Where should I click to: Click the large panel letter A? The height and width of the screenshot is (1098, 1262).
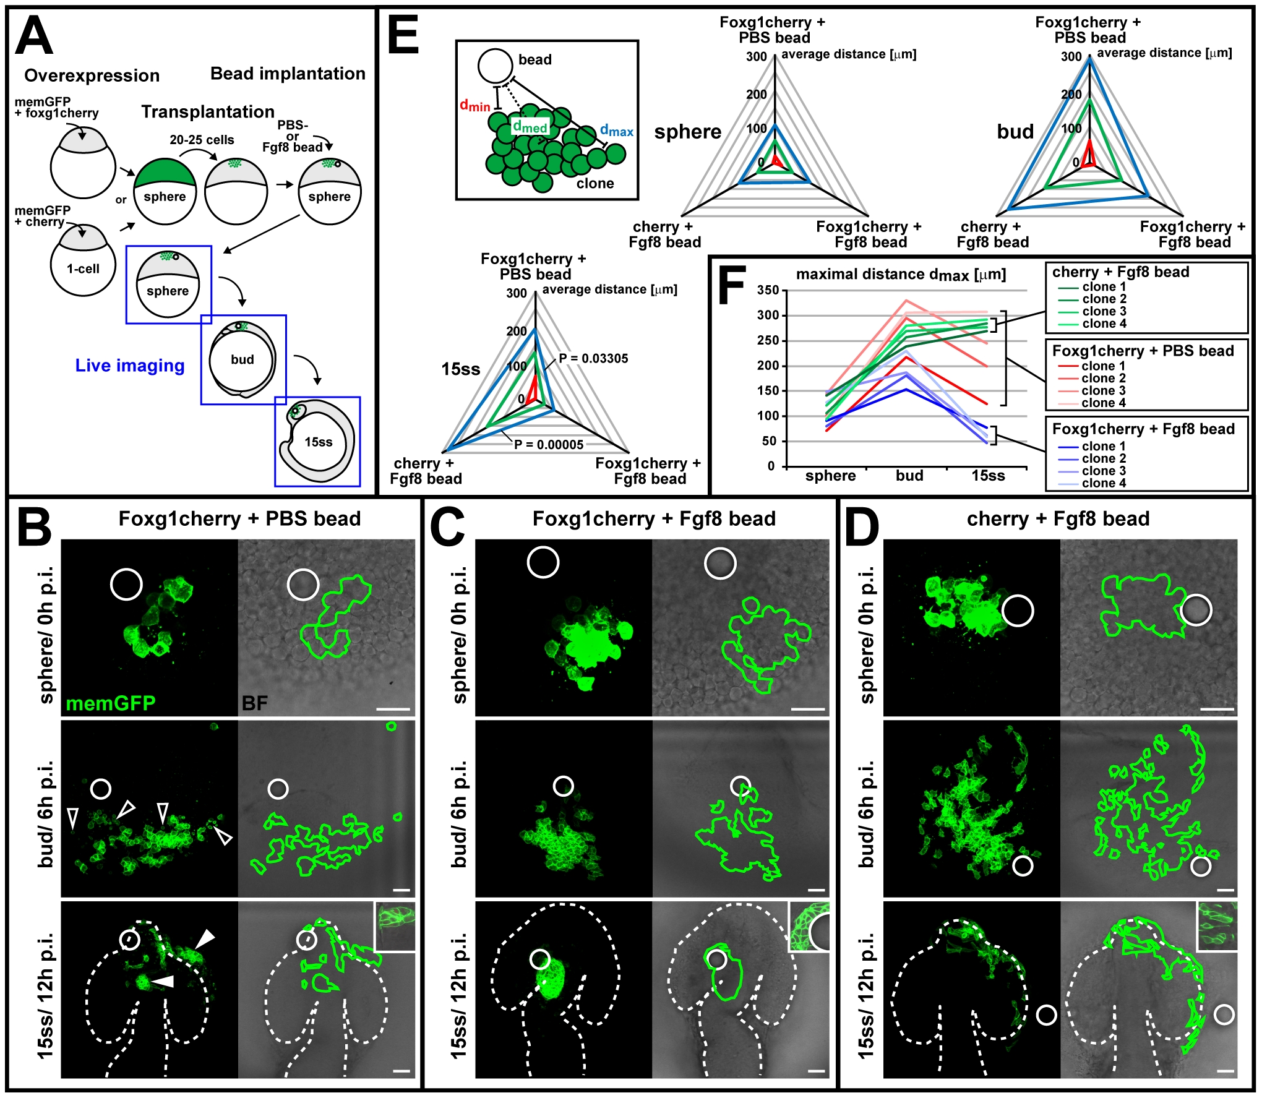34,36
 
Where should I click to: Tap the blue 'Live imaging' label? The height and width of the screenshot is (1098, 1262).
130,366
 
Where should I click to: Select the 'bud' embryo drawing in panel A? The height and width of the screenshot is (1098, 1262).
242,359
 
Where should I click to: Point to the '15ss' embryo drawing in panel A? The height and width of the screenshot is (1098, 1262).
317,440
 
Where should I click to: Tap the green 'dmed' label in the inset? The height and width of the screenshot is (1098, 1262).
530,127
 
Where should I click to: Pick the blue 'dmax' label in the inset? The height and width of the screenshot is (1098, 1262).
617,131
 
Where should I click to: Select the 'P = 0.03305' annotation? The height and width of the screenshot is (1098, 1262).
593,358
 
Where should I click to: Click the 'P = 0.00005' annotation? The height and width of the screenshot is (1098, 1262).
549,444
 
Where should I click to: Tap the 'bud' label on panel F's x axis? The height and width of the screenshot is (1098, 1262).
909,475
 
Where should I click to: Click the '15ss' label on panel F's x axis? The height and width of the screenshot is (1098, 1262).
988,476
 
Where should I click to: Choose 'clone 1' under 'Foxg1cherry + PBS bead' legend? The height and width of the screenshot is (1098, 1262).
1104,366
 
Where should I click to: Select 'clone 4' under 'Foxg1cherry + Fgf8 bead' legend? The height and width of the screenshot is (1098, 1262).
1104,483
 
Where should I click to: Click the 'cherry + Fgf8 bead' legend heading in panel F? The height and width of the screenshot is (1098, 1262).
1120,272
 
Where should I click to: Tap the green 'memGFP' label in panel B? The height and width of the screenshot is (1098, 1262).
110,703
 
